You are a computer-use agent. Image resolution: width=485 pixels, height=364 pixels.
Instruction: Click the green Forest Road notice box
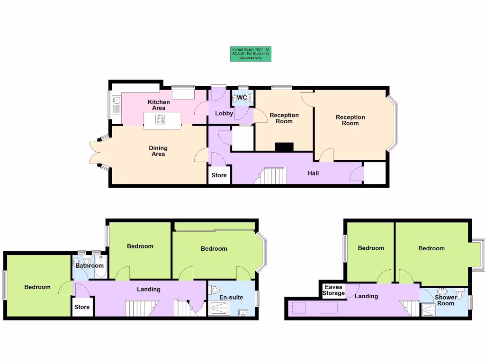click(x=251, y=54)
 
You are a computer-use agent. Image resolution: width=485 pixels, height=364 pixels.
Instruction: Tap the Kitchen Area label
click(x=159, y=105)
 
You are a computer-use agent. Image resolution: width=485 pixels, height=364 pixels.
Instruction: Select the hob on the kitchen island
click(x=160, y=120)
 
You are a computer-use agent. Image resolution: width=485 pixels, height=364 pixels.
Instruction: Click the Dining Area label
click(x=158, y=151)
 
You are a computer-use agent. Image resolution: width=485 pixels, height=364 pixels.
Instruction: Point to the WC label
click(x=242, y=98)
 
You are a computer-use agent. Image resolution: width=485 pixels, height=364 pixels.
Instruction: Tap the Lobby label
click(x=224, y=113)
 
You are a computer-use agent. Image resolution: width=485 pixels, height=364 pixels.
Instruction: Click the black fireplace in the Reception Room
click(x=284, y=147)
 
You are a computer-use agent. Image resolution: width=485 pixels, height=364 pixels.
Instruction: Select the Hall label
click(x=313, y=173)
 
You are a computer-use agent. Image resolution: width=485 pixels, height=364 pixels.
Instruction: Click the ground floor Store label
click(x=219, y=175)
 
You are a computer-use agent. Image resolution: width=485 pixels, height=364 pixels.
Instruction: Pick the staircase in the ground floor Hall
click(x=272, y=176)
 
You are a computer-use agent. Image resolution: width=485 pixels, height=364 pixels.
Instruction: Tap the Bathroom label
click(x=90, y=265)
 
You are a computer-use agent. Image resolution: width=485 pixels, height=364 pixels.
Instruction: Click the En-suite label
click(x=231, y=297)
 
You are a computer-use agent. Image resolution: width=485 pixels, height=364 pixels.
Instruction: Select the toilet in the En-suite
click(x=215, y=289)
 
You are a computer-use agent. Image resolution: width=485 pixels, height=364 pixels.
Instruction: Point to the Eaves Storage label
click(x=334, y=290)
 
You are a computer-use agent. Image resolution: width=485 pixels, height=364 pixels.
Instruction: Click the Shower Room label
click(x=445, y=300)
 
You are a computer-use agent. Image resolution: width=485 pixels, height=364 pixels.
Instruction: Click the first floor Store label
click(x=82, y=307)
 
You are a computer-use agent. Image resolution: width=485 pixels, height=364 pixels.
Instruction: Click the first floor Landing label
click(x=149, y=289)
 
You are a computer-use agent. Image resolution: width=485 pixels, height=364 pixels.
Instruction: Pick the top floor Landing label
click(x=367, y=296)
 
